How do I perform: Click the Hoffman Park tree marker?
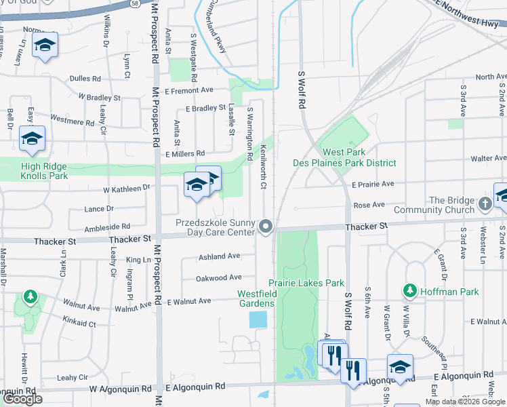pos(410,292)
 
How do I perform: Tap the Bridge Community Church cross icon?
pos(485,203)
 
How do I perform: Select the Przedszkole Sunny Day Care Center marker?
pos(267,226)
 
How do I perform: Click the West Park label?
pos(344,153)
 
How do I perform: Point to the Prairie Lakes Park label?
pos(306,283)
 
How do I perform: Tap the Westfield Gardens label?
pos(256,298)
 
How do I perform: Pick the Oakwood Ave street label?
pos(219,277)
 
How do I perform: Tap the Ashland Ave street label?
pos(219,256)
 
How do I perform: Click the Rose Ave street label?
pos(369,205)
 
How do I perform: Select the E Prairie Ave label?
pos(373,184)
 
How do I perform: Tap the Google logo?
pos(23,399)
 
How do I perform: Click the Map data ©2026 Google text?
pos(464,402)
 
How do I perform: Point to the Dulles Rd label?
pos(85,79)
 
